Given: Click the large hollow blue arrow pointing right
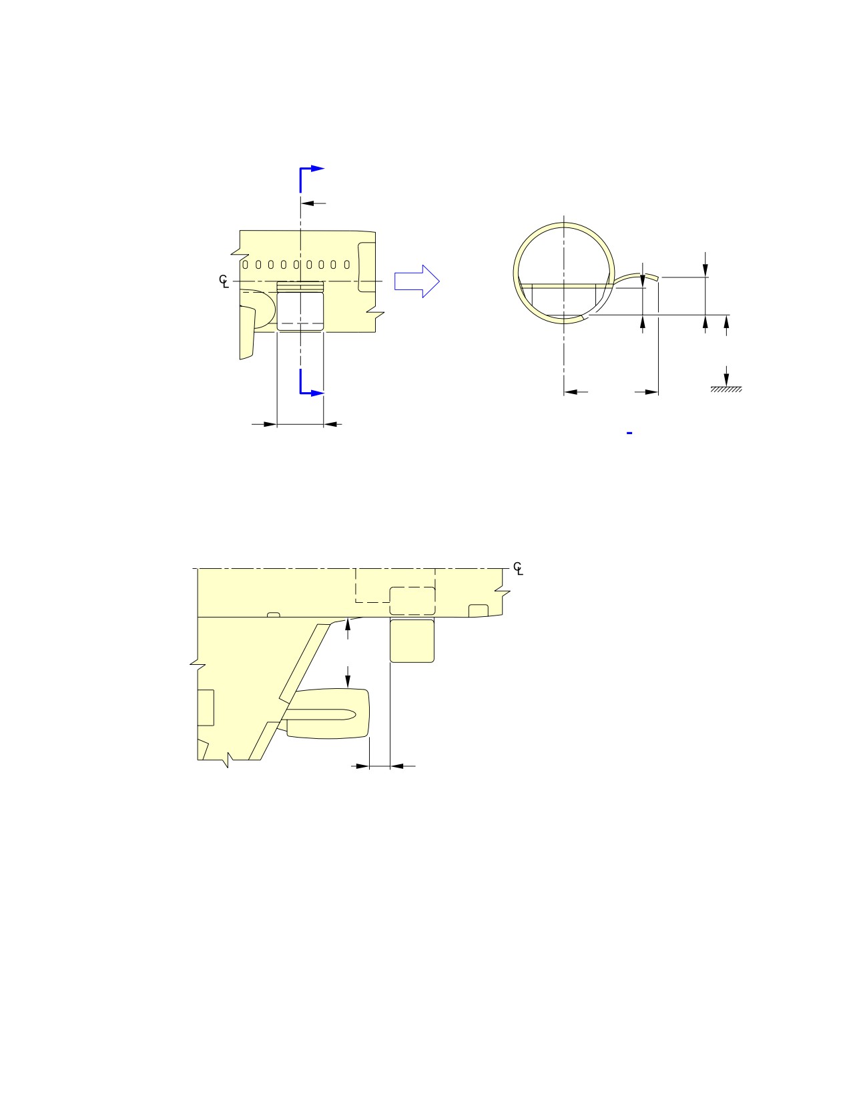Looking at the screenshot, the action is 416,281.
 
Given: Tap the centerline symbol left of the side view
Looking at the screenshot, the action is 224,281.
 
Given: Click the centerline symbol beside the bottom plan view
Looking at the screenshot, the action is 518,568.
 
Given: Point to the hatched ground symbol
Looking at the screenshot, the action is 726,389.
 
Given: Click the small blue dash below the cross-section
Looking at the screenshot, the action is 629,433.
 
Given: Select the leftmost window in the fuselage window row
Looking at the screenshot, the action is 246,265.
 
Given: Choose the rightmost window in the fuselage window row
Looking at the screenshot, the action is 347,265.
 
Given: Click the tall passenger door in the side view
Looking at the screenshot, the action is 366,267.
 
